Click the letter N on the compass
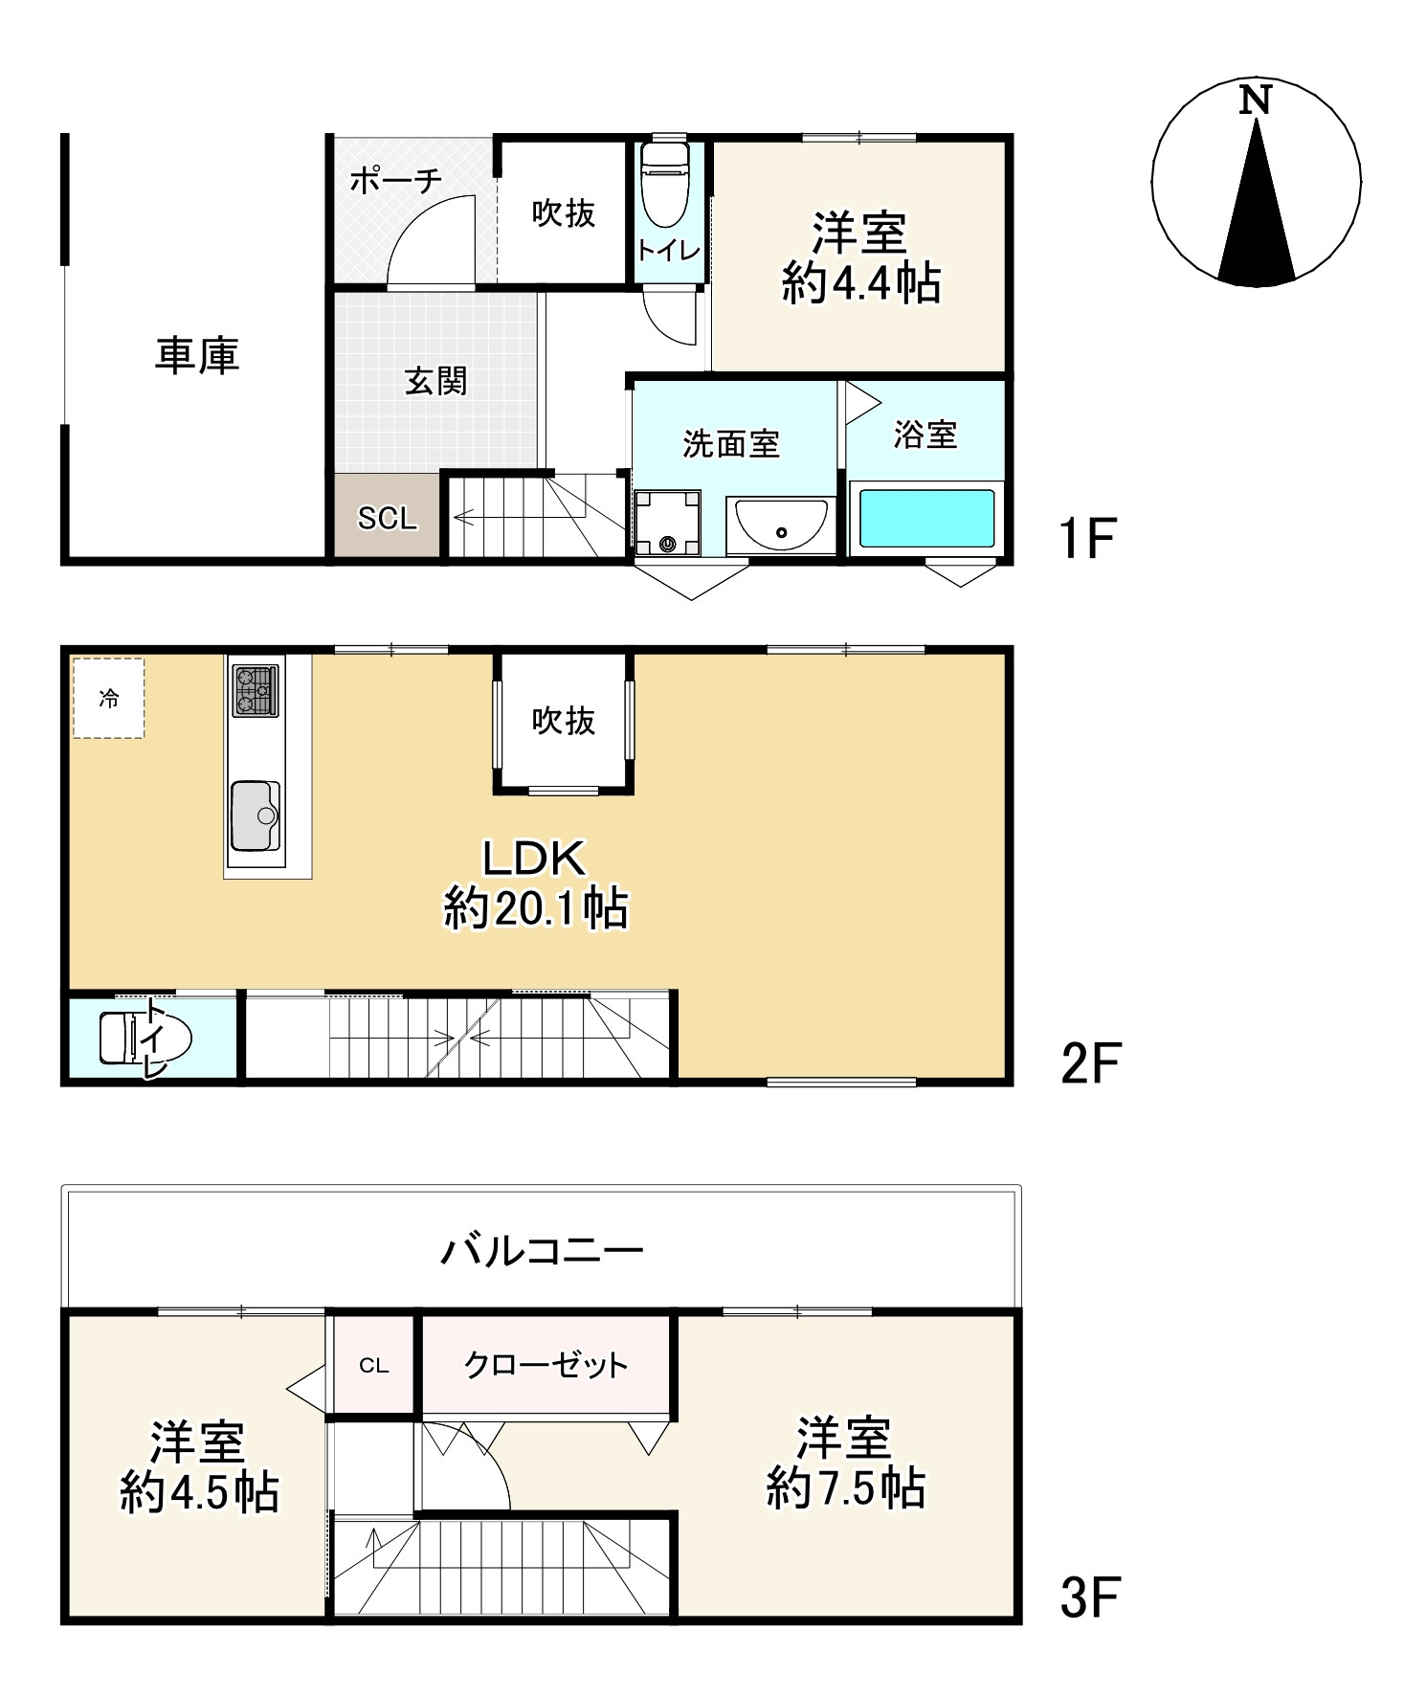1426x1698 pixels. click(x=1255, y=100)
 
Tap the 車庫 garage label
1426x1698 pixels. click(x=197, y=355)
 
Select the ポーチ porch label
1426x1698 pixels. click(x=395, y=179)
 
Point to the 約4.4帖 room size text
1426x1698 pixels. click(x=860, y=283)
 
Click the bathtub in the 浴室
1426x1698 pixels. click(x=925, y=518)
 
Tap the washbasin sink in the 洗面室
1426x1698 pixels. click(x=781, y=525)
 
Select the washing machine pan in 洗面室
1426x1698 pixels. click(x=667, y=523)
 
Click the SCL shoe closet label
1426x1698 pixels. click(x=388, y=518)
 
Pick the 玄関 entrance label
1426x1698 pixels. click(x=436, y=381)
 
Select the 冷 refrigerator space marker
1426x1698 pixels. click(x=109, y=699)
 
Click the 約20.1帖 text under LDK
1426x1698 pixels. click(x=536, y=907)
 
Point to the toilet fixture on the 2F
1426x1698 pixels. click(x=145, y=1039)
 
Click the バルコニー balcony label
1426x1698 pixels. click(x=542, y=1250)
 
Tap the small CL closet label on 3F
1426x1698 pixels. click(x=374, y=1366)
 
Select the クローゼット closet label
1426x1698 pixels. click(x=546, y=1364)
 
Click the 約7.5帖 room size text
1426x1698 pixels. click(x=846, y=1488)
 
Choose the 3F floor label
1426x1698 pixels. click(x=1089, y=1597)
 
